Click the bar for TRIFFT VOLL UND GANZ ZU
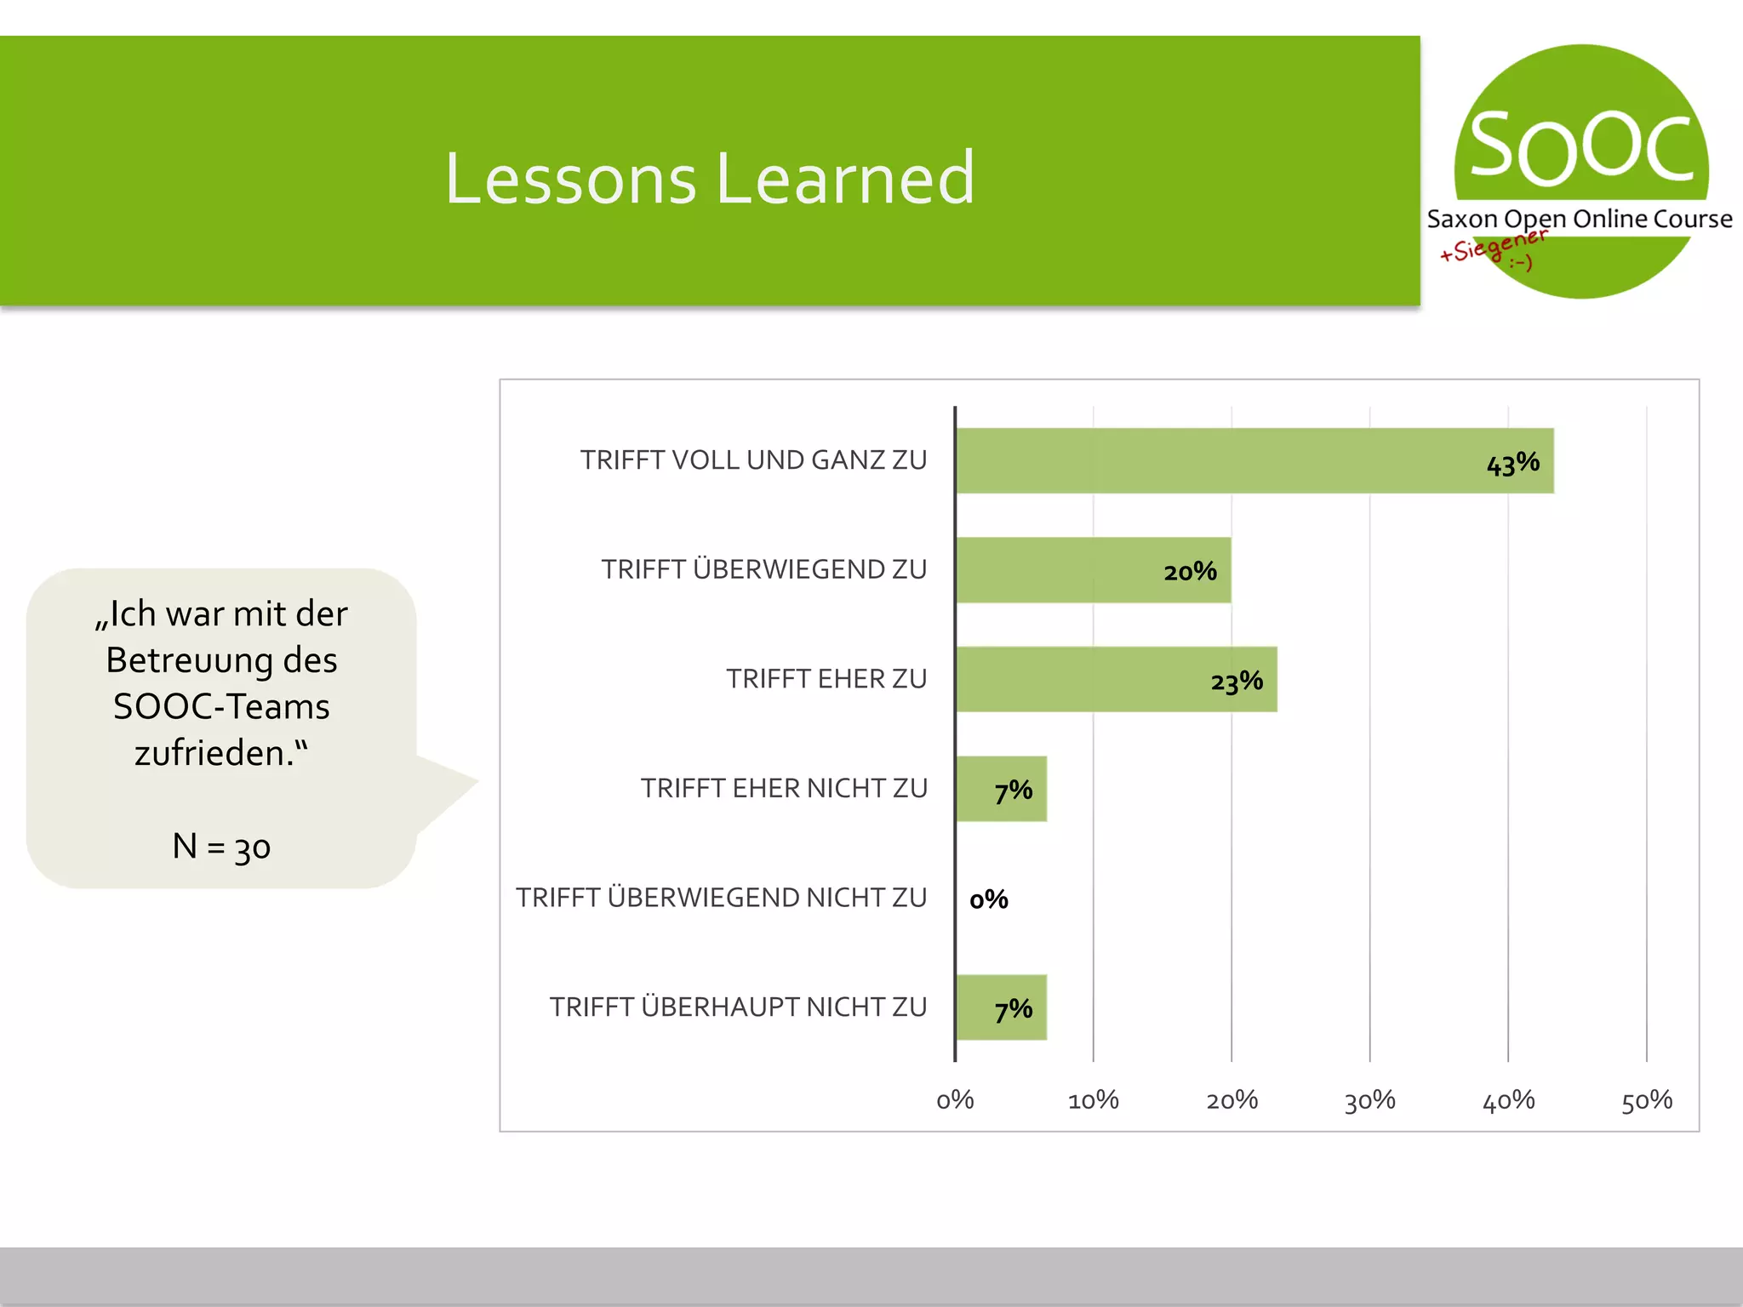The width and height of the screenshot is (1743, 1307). tap(1254, 460)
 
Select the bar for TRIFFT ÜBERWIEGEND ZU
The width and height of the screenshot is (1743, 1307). tap(1093, 570)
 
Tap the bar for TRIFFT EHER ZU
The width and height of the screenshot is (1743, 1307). tap(1116, 679)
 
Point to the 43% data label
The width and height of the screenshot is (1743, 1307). tap(1512, 464)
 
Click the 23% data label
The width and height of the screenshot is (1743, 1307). tap(1237, 682)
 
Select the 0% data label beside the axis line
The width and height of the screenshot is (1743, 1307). tap(988, 899)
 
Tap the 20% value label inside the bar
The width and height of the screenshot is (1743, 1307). tap(1190, 572)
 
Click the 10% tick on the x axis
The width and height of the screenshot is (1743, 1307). tap(1093, 1100)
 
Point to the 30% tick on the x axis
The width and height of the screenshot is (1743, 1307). tap(1369, 1100)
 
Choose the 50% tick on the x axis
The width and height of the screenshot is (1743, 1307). tap(1646, 1100)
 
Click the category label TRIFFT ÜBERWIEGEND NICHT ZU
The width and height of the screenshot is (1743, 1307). tap(721, 898)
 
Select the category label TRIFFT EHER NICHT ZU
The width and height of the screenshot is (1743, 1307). tap(784, 789)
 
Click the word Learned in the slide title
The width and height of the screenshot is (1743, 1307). tap(844, 179)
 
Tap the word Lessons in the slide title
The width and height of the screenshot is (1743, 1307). tap(570, 179)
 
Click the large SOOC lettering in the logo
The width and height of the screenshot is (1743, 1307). tap(1581, 149)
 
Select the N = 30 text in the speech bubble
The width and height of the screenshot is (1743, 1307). tap(221, 847)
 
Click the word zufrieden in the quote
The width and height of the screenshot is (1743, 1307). tap(214, 753)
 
